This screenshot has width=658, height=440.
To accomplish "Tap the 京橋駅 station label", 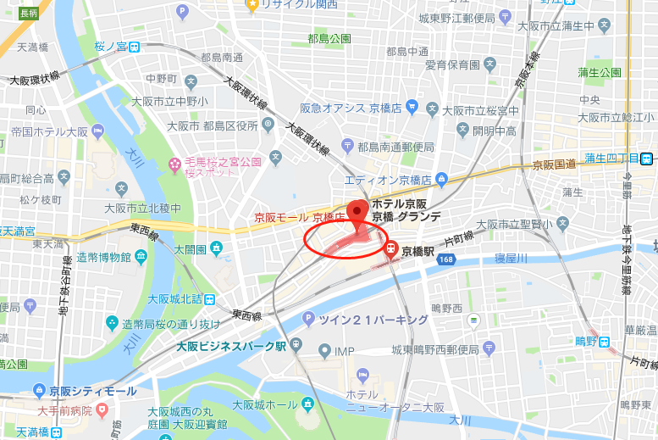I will tap(417, 251).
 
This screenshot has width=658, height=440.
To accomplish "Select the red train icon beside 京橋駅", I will tap(391, 249).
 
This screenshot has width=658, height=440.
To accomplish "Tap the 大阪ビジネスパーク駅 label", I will tap(231, 346).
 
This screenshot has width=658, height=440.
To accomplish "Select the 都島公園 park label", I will tap(329, 39).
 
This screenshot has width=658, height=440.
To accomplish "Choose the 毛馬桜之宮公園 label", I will tap(224, 161).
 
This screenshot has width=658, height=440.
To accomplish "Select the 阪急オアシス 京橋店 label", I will tap(351, 108).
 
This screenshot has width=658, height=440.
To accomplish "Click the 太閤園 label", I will tap(191, 249).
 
